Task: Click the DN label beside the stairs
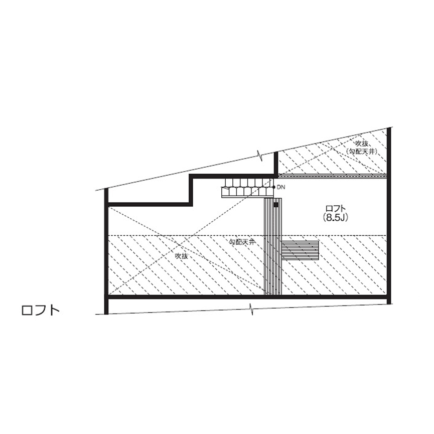tap(281, 187)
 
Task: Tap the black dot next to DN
tap(274, 187)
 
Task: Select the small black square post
tap(275, 205)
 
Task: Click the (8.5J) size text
tap(335, 218)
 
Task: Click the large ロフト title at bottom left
tap(41, 310)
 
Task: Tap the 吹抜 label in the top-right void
tap(362, 143)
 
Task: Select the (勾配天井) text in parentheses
tap(362, 152)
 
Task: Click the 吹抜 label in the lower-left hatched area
tap(181, 256)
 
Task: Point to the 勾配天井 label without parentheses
tap(242, 242)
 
